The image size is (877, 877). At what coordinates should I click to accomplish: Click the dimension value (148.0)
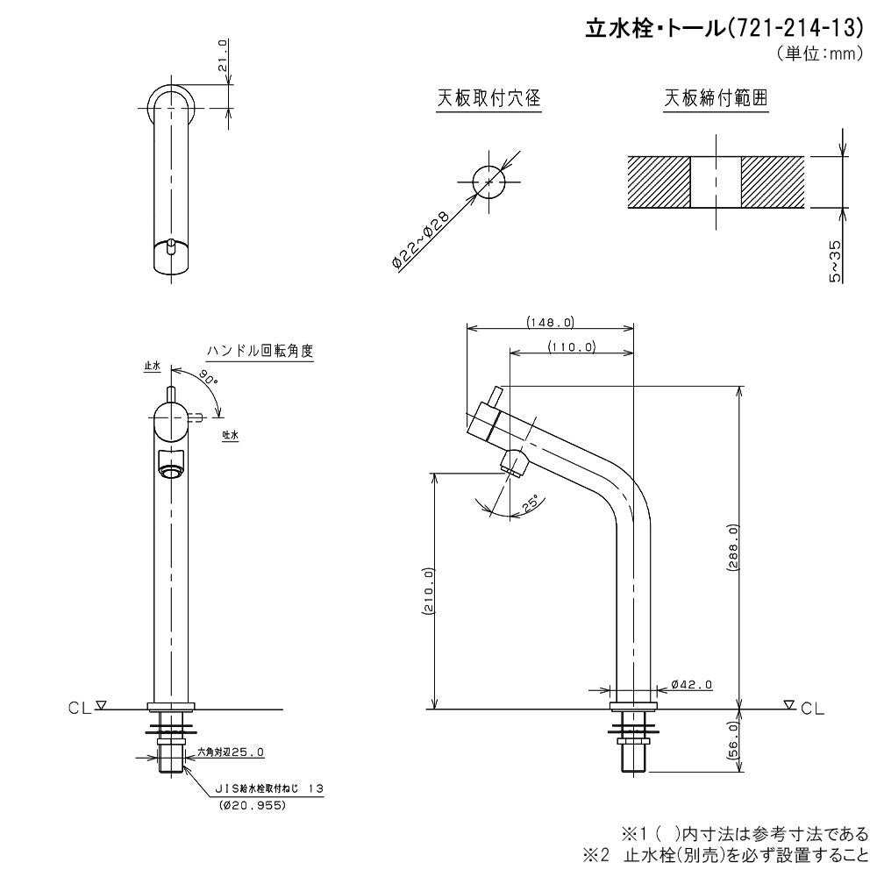[x=551, y=322]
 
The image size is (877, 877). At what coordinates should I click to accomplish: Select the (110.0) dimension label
[x=572, y=346]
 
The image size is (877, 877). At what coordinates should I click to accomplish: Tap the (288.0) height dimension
[x=734, y=547]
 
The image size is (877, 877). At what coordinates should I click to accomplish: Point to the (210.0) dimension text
[x=428, y=592]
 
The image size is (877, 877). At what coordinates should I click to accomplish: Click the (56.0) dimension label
[x=734, y=741]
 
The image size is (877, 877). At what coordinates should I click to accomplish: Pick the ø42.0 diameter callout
[x=691, y=684]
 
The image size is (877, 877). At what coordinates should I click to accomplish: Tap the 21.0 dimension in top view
[x=223, y=55]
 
